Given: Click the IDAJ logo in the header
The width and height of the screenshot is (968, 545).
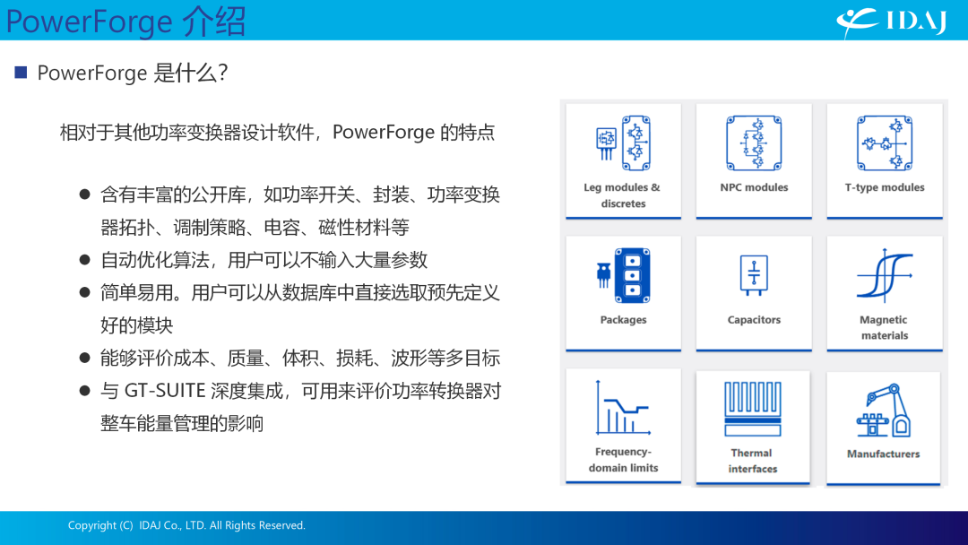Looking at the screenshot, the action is (892, 22).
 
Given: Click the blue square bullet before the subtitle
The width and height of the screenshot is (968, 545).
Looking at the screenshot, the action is (21, 73).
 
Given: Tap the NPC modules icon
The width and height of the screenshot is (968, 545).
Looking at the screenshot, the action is (754, 143).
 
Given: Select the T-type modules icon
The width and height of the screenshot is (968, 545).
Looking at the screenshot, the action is (885, 143).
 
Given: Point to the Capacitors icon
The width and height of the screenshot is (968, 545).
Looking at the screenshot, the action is (754, 275).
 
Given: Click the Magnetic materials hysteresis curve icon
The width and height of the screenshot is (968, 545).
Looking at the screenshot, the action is (885, 275).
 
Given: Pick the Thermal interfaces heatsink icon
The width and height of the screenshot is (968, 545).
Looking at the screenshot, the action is (753, 409).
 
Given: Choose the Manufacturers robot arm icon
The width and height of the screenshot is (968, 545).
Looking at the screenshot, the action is (884, 411).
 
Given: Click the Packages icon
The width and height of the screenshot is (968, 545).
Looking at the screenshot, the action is (623, 275).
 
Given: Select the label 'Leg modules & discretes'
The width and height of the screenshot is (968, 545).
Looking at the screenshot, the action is (622, 195).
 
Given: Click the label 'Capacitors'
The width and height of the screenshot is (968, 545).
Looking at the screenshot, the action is (754, 320).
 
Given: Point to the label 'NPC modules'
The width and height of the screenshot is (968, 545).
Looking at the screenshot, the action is (754, 187).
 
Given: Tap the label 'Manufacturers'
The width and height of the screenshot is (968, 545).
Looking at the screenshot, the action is (884, 454).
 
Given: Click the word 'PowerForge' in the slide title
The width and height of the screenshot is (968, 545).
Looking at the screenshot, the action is (89, 22).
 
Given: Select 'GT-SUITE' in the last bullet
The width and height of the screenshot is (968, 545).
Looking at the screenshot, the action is (165, 391).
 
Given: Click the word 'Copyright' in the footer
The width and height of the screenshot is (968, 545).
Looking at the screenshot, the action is (92, 525).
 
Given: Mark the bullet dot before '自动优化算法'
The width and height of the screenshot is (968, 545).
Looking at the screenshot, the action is (85, 260).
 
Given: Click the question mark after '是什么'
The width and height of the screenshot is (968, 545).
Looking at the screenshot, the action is (223, 73).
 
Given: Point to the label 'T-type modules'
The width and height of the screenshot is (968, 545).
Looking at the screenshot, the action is (885, 187).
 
